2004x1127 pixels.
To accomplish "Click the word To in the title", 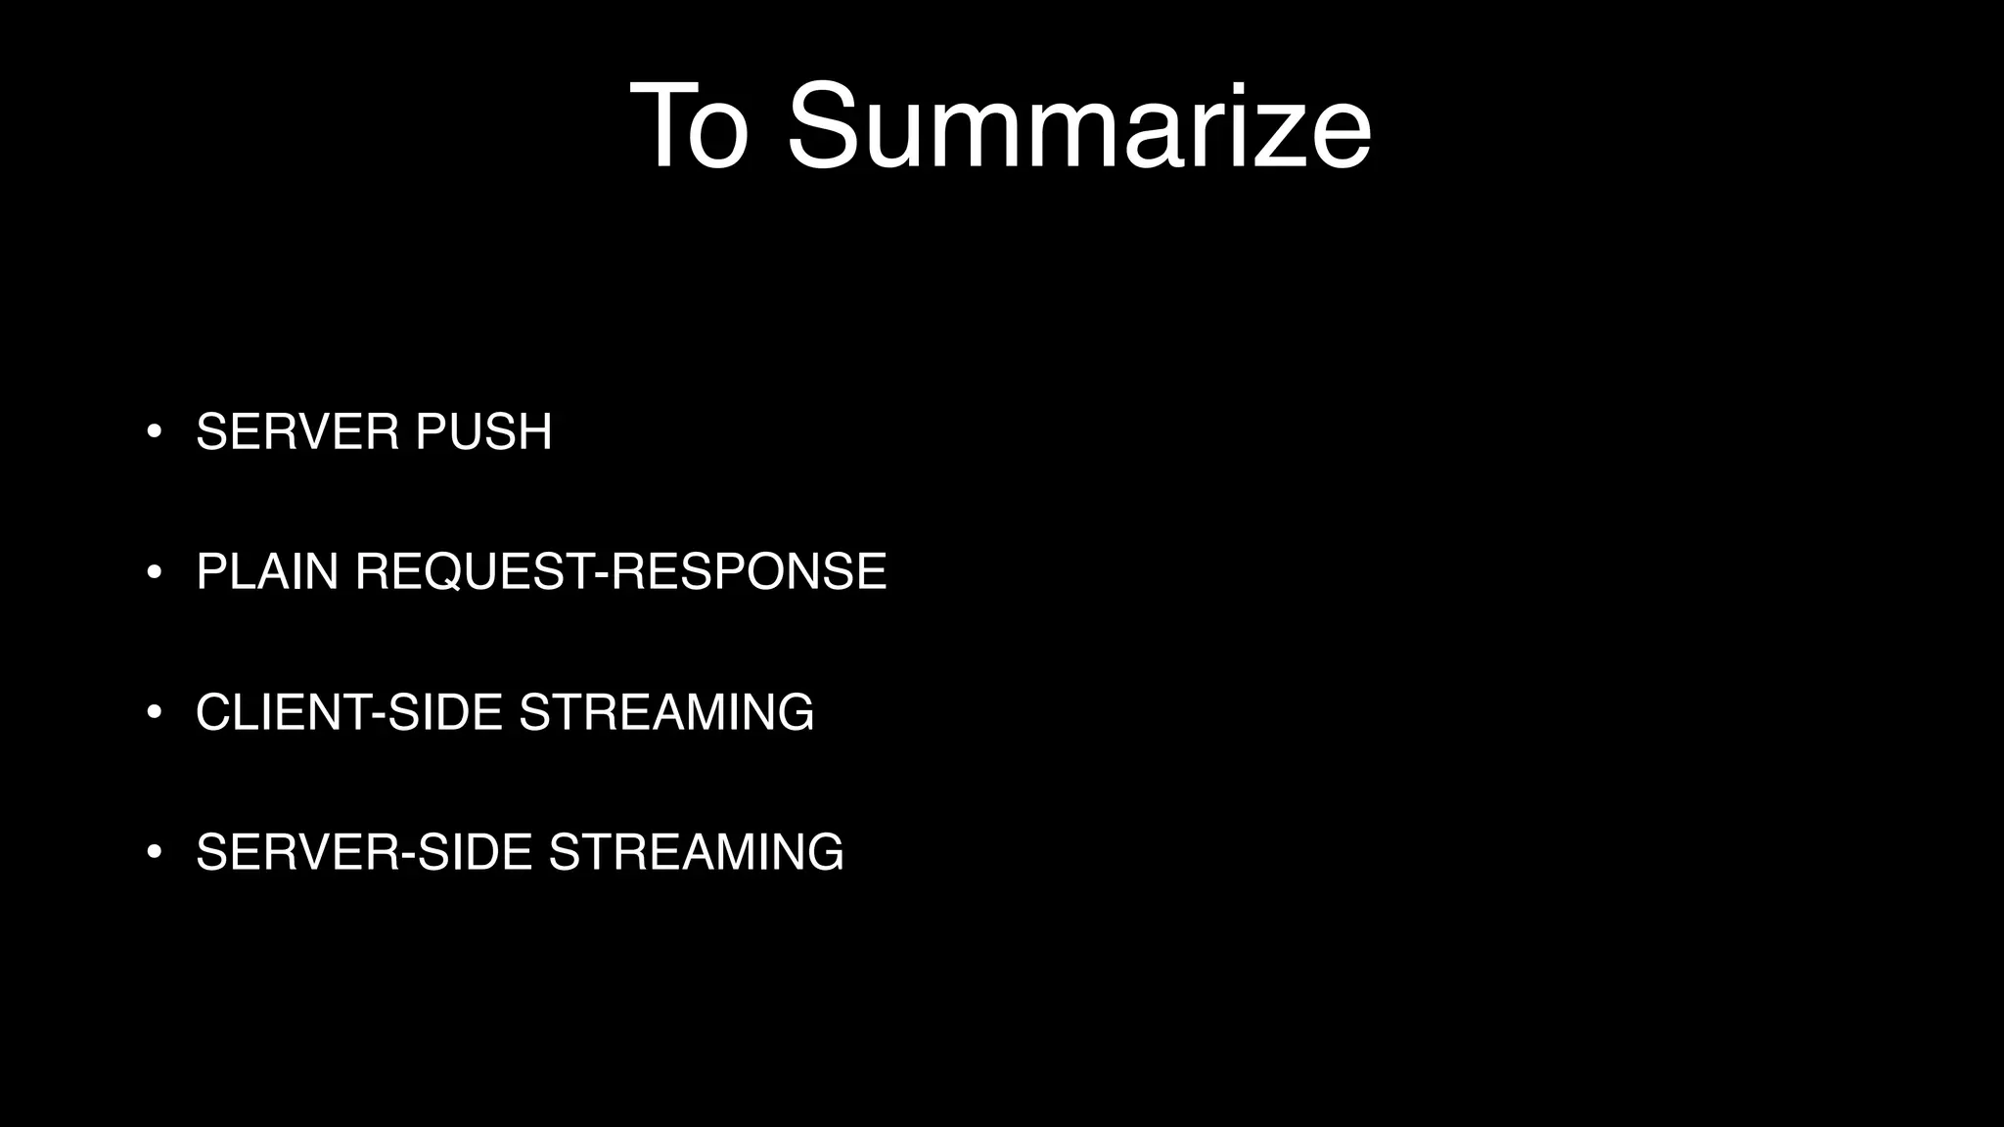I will tap(690, 127).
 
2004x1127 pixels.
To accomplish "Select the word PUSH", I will tap(483, 432).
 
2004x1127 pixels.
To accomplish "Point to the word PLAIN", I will tap(267, 572).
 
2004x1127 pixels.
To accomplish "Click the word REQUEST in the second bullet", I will tap(475, 572).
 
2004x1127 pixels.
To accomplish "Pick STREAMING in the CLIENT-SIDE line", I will tap(666, 712).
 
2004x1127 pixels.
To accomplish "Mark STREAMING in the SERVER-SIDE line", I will tap(696, 852).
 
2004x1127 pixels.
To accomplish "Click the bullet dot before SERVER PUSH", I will tap(154, 431).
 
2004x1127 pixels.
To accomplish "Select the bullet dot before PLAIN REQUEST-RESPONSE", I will tap(154, 572).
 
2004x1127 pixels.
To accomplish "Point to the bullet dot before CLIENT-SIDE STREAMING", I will tap(154, 712).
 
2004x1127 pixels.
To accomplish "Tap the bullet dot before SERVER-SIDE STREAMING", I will tap(154, 852).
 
